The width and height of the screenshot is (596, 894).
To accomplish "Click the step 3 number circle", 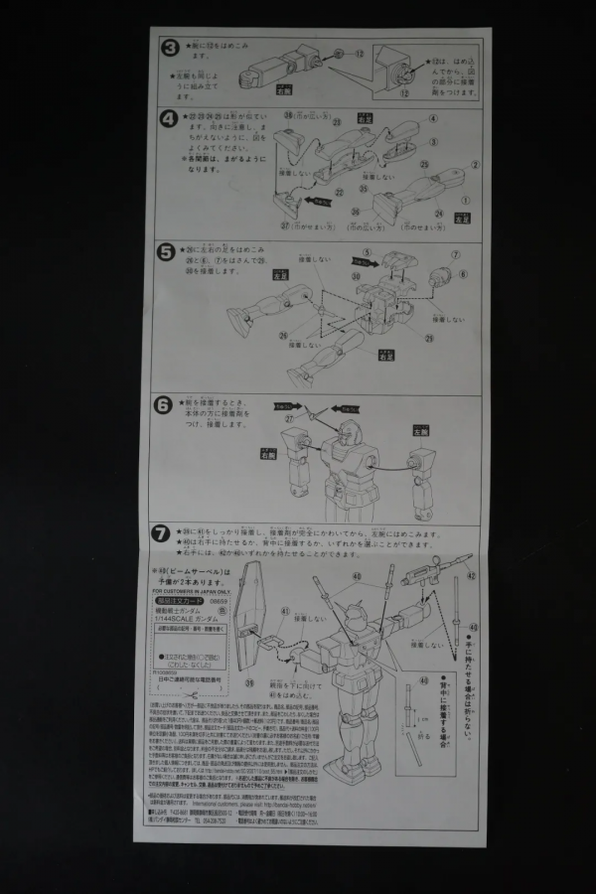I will pos(170,49).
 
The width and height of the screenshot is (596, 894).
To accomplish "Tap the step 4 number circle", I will pos(170,118).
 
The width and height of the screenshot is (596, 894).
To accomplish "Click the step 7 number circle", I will pos(162,533).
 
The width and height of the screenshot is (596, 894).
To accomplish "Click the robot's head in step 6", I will pos(343,434).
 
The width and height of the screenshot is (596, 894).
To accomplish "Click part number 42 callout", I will pos(471,575).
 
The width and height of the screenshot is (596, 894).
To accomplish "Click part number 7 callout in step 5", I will pos(458,253).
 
